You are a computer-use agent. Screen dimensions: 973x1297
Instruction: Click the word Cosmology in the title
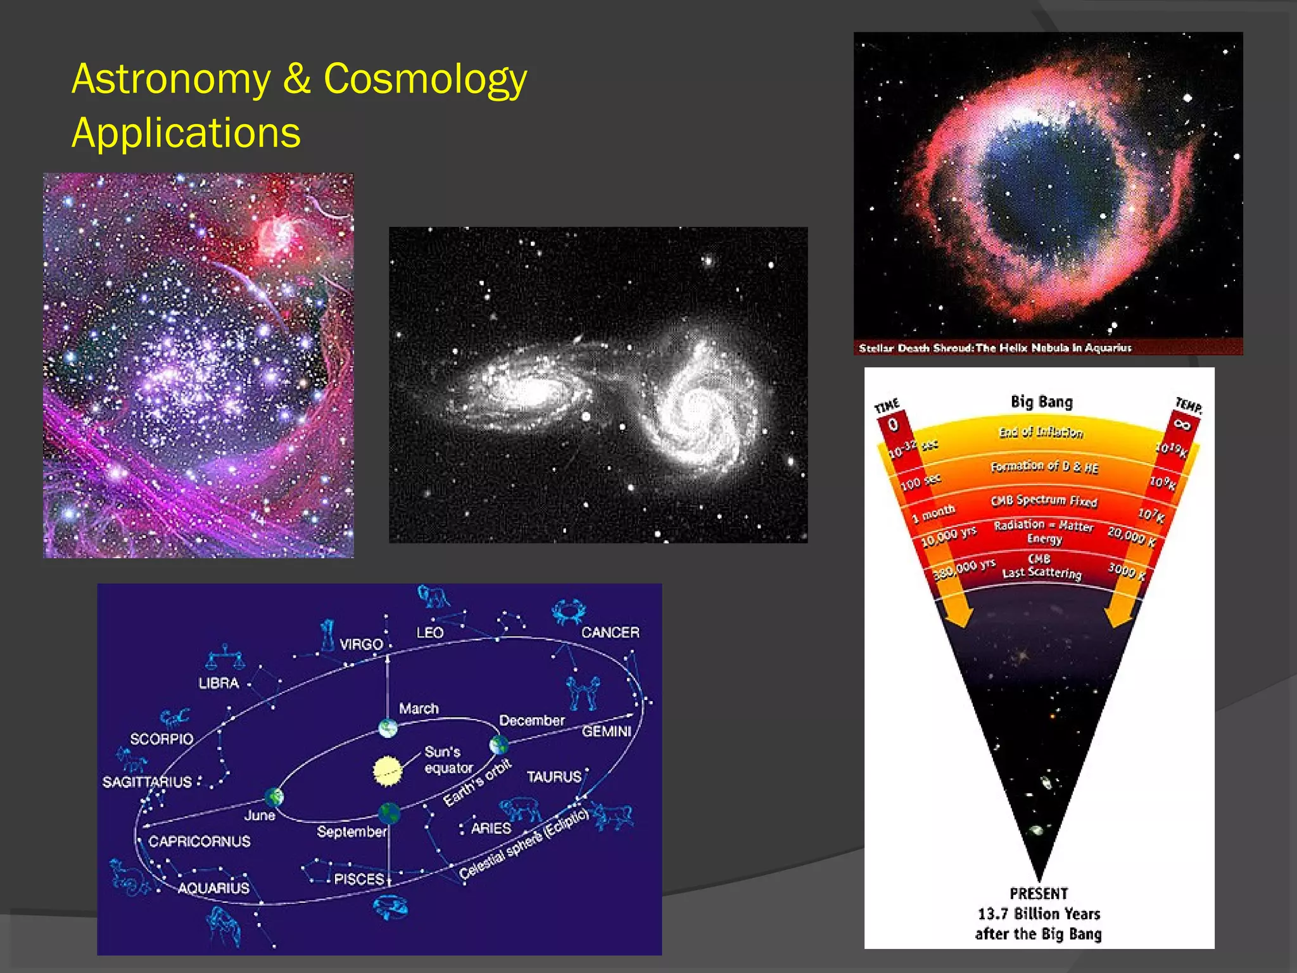[x=425, y=80]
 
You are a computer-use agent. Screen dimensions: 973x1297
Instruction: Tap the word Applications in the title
[x=186, y=133]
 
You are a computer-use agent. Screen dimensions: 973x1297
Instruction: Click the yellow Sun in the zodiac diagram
[x=387, y=770]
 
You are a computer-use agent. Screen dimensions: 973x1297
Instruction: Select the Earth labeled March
[x=388, y=728]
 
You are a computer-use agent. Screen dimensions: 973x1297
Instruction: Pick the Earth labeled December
[x=498, y=745]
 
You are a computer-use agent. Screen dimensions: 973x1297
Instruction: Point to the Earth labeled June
[x=274, y=796]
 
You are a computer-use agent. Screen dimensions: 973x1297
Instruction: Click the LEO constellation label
[x=430, y=633]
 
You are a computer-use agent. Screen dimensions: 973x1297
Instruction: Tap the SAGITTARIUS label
[x=147, y=782]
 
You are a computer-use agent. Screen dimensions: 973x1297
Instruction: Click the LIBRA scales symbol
[x=225, y=659]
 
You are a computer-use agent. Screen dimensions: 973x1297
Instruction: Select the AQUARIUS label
[x=213, y=888]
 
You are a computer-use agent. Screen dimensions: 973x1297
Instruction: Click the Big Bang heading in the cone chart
[x=1041, y=402]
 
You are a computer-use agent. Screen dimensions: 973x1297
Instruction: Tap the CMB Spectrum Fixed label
[x=1043, y=500]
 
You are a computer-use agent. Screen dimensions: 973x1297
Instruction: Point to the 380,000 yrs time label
[x=964, y=569]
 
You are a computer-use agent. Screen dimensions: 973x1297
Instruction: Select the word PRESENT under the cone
[x=1039, y=893]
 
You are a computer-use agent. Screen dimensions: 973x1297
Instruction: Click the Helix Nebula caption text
[x=994, y=348]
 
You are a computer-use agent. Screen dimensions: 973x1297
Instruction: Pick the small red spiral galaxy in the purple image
[x=279, y=234]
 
